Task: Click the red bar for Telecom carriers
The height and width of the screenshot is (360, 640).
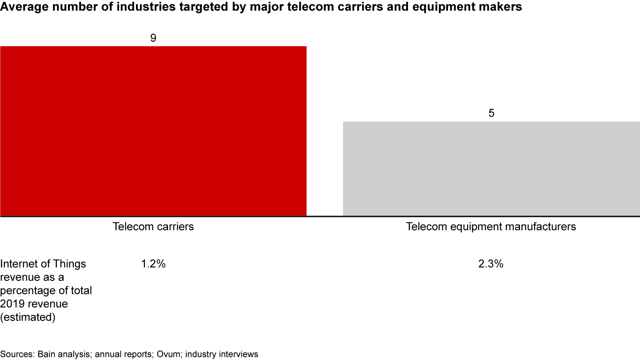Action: (153, 131)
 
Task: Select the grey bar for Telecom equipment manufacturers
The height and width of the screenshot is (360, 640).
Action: (491, 169)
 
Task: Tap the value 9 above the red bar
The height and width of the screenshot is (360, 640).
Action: (153, 38)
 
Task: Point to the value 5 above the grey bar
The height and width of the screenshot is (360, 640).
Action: (491, 113)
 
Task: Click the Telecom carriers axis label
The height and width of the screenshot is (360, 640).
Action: (153, 227)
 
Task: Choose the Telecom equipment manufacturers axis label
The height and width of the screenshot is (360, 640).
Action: (491, 227)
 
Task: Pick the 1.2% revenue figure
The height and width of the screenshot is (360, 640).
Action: (153, 264)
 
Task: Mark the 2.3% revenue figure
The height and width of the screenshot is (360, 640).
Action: (491, 264)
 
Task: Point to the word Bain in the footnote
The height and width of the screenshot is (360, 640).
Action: (47, 354)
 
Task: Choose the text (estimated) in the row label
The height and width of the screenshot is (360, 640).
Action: (28, 318)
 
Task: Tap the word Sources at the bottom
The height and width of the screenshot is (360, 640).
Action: (17, 354)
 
